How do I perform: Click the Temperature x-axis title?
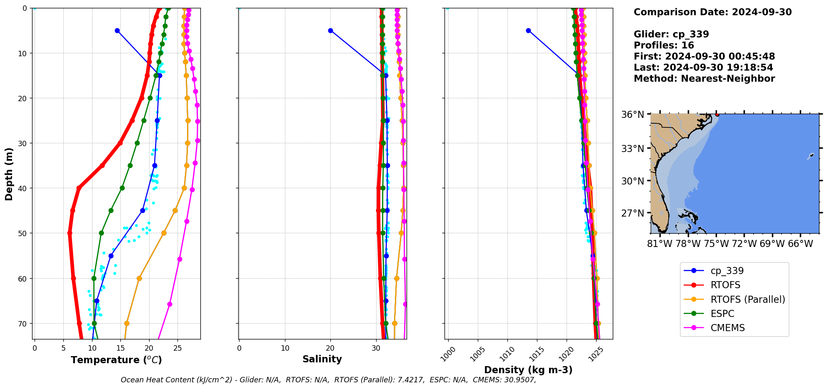coord(116,360)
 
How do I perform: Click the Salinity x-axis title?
coord(322,359)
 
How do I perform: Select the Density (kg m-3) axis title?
coord(528,370)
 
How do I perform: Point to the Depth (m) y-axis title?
coord(9,174)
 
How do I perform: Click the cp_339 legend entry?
coord(727,271)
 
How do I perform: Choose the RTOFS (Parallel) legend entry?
coord(747,299)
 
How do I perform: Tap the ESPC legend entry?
coord(722,314)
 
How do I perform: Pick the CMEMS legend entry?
coord(727,328)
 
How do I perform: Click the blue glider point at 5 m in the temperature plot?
coord(117,30)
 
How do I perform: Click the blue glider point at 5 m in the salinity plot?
coord(330,30)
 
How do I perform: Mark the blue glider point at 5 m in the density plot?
coord(528,30)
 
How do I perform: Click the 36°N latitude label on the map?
coord(632,115)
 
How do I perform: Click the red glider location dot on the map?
coord(717,115)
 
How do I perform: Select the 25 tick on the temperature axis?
coord(177,348)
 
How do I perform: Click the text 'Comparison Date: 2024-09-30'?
coord(712,12)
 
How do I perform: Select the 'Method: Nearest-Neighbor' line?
coord(704,79)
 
